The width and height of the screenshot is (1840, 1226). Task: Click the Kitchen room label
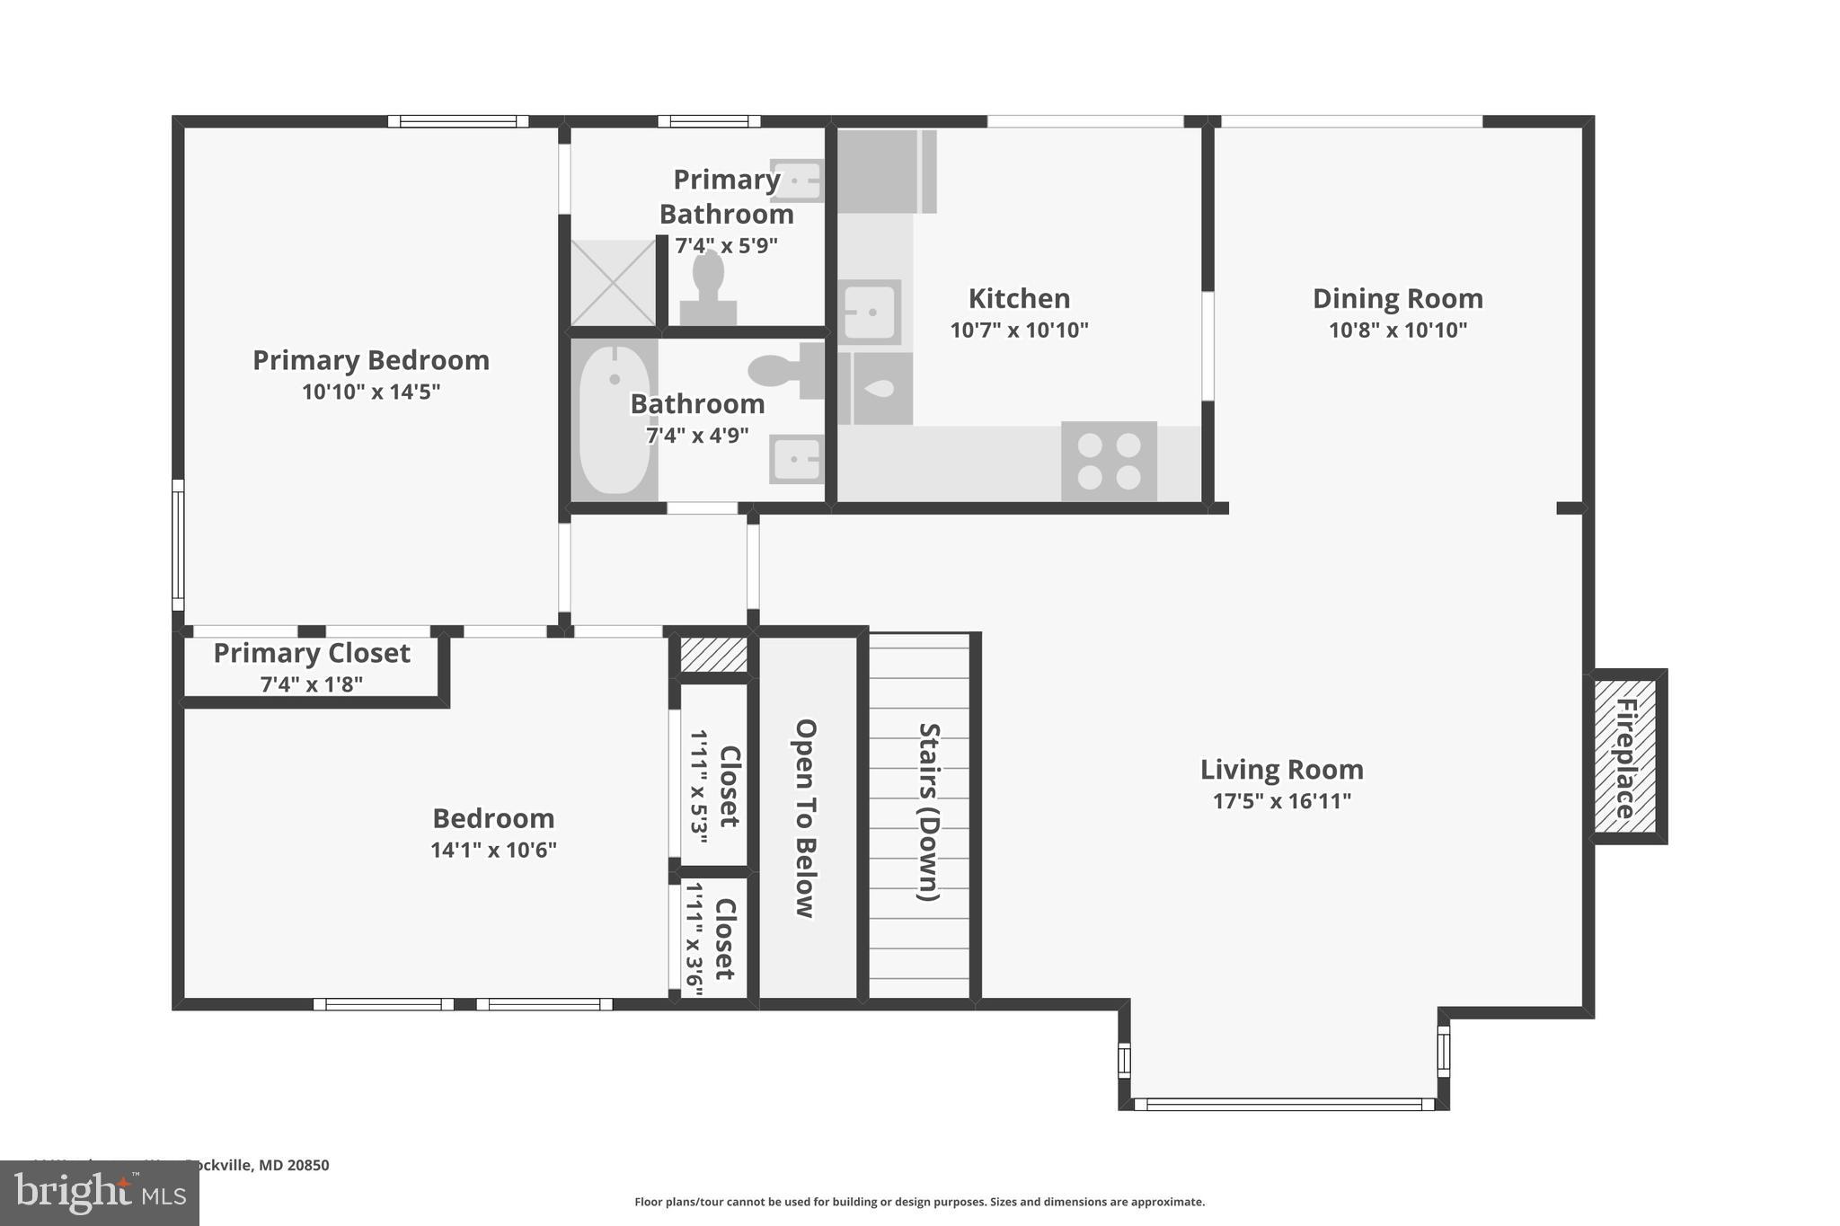[1019, 298]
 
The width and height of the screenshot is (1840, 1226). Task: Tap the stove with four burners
[1109, 461]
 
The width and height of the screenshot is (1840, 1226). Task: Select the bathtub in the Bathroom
[615, 419]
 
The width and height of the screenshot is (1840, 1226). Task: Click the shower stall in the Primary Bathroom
[614, 282]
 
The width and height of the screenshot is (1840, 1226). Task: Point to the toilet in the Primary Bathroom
[708, 286]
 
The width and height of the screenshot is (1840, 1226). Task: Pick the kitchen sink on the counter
[869, 312]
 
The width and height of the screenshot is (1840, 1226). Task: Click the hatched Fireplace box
[1625, 756]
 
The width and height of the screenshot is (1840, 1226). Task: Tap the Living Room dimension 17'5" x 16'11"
[1281, 801]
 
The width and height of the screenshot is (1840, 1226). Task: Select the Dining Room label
[1397, 298]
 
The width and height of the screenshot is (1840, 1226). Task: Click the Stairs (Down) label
[928, 811]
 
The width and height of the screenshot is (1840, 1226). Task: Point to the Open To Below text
[805, 818]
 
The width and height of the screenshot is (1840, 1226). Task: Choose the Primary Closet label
[312, 653]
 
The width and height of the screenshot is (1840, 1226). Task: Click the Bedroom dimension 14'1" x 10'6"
[493, 850]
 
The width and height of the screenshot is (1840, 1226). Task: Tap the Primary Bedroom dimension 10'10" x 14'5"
[371, 392]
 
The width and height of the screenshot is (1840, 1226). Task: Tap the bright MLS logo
[99, 1193]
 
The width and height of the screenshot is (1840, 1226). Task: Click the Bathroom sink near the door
[797, 460]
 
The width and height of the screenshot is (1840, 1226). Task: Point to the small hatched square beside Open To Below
[713, 654]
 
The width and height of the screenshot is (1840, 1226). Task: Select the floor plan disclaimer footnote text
[919, 1202]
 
